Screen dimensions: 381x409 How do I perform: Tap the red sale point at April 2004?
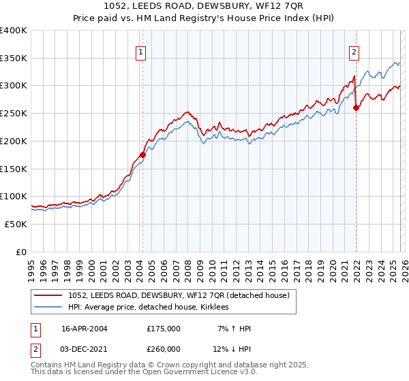(142, 154)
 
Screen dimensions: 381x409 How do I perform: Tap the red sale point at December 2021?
(356, 107)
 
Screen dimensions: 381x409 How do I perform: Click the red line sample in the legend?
(48, 295)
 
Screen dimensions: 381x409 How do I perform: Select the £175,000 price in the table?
(163, 329)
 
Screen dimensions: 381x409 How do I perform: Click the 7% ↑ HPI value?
(232, 329)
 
